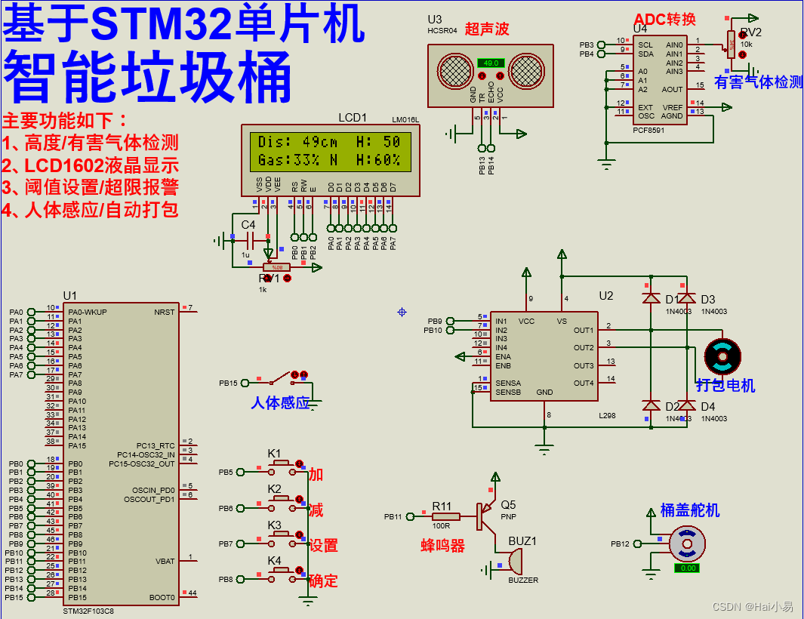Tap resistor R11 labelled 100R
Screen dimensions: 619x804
click(442, 516)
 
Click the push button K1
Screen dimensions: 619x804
click(281, 462)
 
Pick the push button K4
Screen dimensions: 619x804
click(281, 570)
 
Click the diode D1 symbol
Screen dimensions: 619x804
click(650, 298)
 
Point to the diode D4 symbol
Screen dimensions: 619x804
click(686, 405)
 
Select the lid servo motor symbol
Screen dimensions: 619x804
click(687, 544)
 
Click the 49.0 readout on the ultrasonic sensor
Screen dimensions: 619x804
click(491, 63)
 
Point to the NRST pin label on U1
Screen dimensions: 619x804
click(164, 312)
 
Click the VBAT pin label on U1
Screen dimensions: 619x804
click(165, 561)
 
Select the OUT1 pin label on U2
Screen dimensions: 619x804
click(583, 331)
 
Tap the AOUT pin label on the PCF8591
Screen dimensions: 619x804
click(672, 89)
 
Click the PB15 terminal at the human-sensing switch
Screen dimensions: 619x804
click(228, 383)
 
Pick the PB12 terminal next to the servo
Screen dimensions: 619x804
click(620, 544)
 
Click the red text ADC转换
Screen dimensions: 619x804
click(664, 20)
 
